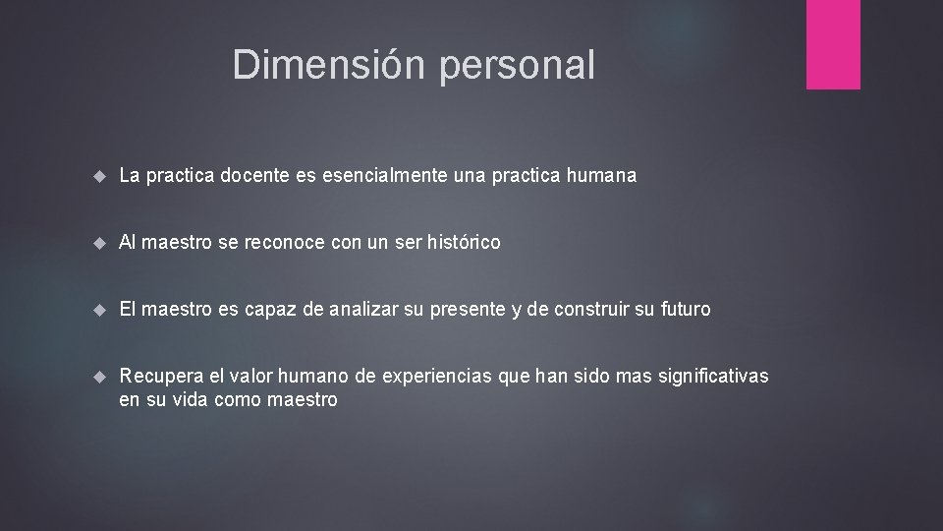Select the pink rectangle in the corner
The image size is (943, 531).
pyautogui.click(x=833, y=44)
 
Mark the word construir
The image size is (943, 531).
pyautogui.click(x=589, y=310)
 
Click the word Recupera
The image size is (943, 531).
pyautogui.click(x=157, y=378)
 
